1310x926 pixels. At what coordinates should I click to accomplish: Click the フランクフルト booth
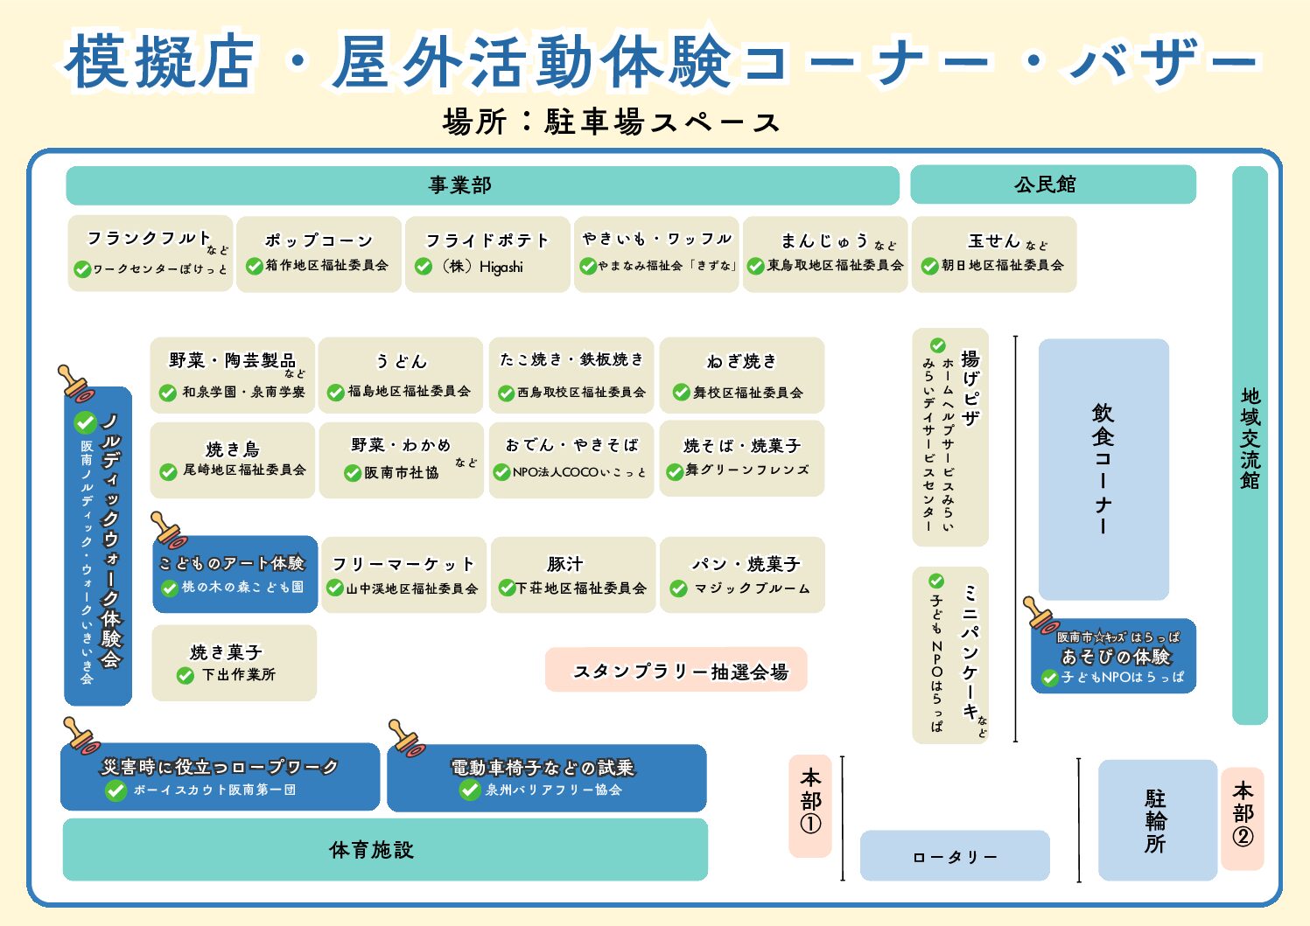click(151, 253)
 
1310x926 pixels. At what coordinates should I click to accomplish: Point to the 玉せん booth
click(994, 253)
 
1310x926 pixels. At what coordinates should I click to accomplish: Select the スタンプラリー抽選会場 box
click(676, 671)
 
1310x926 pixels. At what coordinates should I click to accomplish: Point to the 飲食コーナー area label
click(1103, 469)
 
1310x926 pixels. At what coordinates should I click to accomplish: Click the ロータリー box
click(955, 856)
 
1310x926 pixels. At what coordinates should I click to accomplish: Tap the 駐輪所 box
click(1157, 819)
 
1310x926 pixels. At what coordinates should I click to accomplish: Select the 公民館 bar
click(1053, 185)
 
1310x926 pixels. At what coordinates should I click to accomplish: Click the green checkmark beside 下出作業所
click(186, 675)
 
